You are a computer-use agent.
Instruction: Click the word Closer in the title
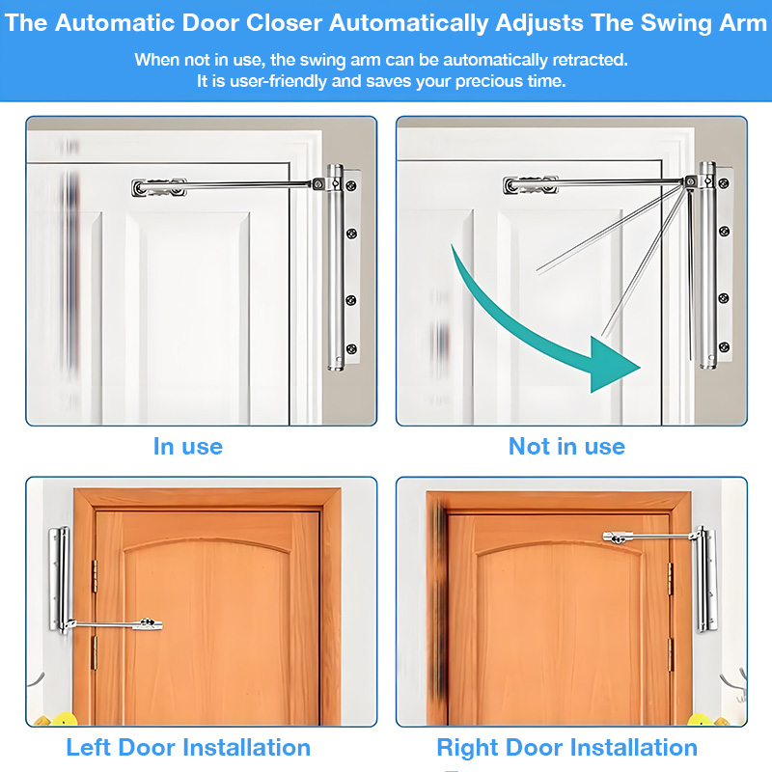[x=284, y=22]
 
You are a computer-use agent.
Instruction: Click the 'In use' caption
[x=188, y=446]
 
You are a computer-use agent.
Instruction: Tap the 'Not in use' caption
[x=566, y=446]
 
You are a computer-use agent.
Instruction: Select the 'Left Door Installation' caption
[x=188, y=747]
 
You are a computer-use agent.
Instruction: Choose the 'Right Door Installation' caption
[x=567, y=747]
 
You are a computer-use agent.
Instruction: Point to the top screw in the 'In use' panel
[x=351, y=185]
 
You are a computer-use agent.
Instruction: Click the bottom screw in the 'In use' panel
[x=351, y=349]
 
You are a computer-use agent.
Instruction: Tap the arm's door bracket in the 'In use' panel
[x=158, y=187]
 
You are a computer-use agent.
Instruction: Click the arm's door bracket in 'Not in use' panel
[x=530, y=185]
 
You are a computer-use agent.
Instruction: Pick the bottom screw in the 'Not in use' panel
[x=723, y=346]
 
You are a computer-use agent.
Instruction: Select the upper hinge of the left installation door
[x=94, y=576]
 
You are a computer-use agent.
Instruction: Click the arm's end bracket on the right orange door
[x=617, y=538]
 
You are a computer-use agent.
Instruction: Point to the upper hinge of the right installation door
[x=670, y=579]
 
